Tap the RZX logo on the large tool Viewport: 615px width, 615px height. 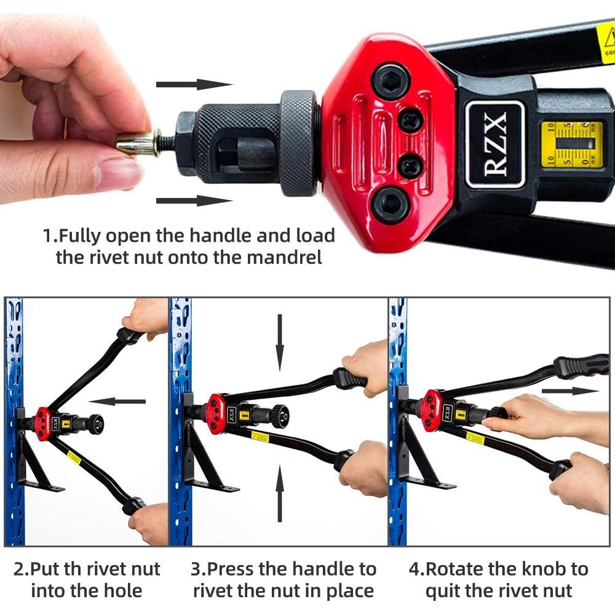(x=495, y=144)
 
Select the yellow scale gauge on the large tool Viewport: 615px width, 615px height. (x=571, y=145)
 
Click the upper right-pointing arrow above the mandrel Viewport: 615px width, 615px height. (x=194, y=84)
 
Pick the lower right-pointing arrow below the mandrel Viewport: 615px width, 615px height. (x=194, y=200)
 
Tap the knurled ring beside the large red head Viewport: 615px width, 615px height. (x=300, y=143)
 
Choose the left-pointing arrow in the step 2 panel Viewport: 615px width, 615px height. (x=121, y=402)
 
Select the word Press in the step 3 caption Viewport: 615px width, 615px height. (x=256, y=569)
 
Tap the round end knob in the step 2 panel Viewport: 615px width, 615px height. (x=95, y=424)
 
